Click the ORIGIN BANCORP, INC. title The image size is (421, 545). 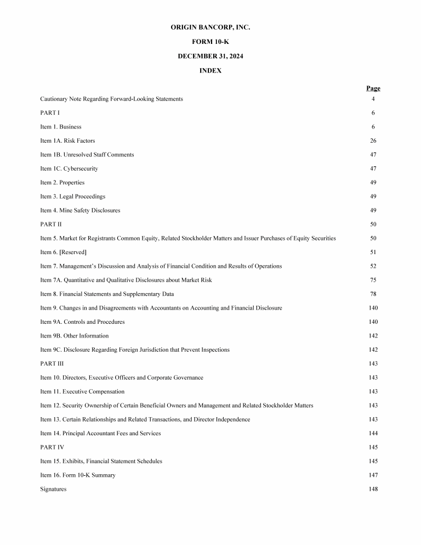pos(210,27)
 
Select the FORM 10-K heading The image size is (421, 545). pos(210,42)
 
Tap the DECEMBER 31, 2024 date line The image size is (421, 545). pos(210,56)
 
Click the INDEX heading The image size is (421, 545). pos(210,71)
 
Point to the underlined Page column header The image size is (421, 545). pos(373,88)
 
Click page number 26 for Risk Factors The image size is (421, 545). pos(373,141)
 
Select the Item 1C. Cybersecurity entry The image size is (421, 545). pos(69,168)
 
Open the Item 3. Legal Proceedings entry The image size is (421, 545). pos(73,196)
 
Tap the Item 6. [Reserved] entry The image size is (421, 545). pos(64,252)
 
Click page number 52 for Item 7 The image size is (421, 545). pos(373,266)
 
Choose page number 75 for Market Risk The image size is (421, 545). pos(373,280)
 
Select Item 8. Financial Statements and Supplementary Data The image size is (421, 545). pos(107,294)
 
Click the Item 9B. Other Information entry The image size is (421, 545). pos(75,336)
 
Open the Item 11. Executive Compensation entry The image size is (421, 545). pos(82,392)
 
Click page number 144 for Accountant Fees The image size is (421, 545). pos(373,434)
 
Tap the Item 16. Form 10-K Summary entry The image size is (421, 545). pos(78,475)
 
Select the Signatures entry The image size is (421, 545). pos(53,489)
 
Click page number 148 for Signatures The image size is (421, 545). pos(373,489)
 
